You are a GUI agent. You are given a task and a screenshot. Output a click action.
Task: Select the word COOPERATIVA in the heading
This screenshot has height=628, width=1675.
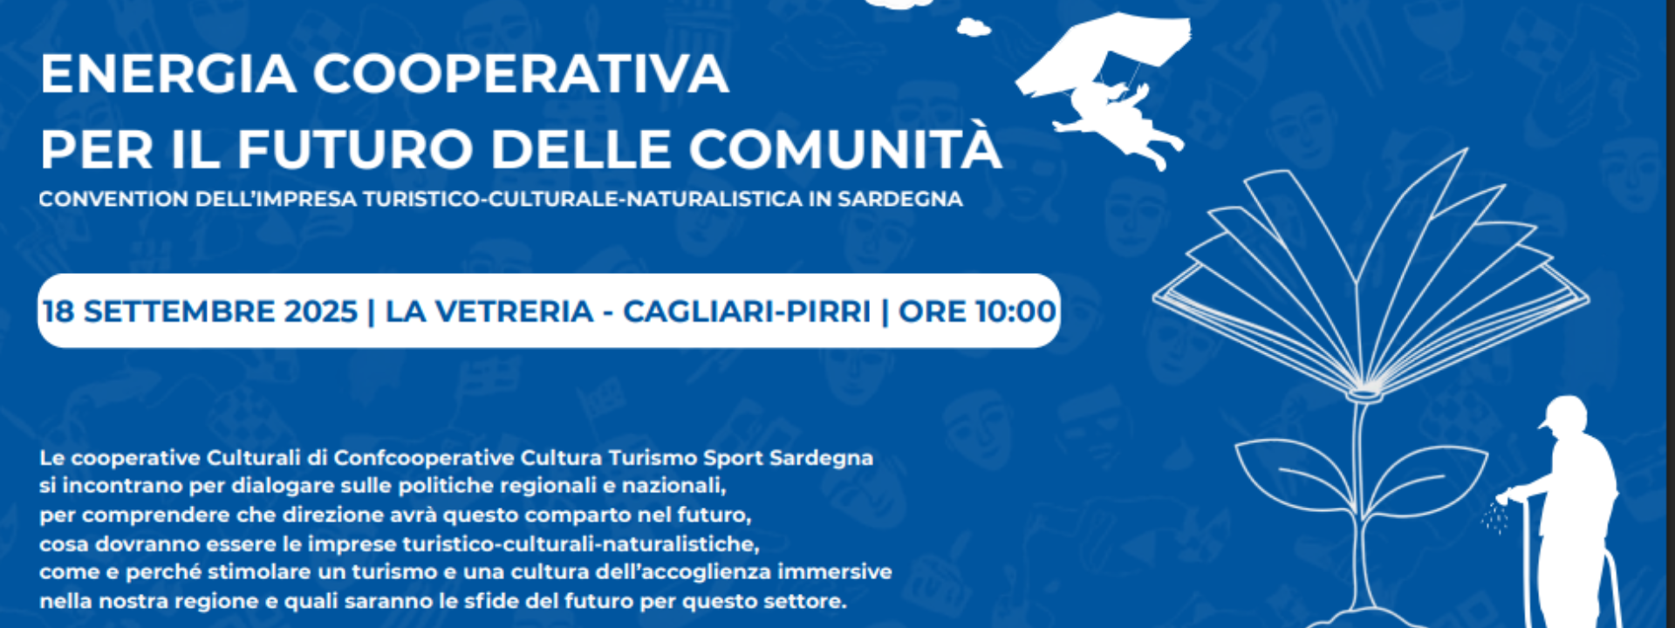521,74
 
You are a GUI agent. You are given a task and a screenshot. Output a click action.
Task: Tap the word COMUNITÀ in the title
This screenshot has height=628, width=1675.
845,149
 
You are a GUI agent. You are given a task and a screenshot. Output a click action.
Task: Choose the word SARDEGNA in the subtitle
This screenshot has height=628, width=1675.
899,199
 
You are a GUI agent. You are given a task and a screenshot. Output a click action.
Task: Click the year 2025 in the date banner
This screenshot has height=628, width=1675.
319,311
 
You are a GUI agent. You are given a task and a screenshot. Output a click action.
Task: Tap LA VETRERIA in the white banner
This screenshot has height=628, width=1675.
489,311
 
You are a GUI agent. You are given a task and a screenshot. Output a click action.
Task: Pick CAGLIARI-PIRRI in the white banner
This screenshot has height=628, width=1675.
747,311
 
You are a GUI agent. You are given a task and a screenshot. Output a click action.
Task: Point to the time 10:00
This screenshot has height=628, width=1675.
1015,311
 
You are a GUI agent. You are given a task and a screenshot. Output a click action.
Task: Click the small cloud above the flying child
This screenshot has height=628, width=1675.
973,28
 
